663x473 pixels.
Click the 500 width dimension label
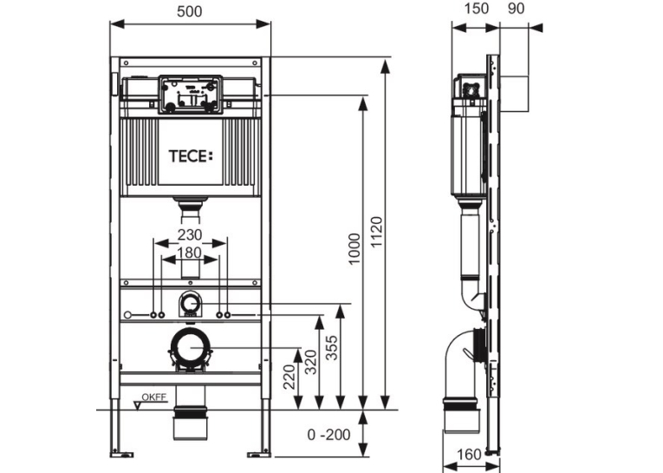click(x=190, y=11)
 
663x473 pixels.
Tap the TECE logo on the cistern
click(x=191, y=156)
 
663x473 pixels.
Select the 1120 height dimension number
click(x=376, y=232)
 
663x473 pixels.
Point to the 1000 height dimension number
click(x=354, y=249)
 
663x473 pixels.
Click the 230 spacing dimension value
click(x=190, y=234)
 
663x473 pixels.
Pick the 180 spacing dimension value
click(x=189, y=253)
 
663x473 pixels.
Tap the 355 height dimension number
click(x=332, y=348)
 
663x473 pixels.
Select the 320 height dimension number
click(x=311, y=362)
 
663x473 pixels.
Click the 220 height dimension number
click(x=289, y=377)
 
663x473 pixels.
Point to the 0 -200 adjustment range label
click(x=329, y=435)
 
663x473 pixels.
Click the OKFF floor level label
click(x=154, y=397)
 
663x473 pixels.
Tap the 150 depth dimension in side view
click(x=476, y=8)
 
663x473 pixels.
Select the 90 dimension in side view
click(x=516, y=8)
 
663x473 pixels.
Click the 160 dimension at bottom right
click(x=470, y=455)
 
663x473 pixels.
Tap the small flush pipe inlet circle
click(x=191, y=304)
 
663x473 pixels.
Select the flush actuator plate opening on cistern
click(x=191, y=95)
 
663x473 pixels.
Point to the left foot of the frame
click(x=122, y=455)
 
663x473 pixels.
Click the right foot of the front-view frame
click(x=259, y=455)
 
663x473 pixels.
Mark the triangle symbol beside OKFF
click(x=138, y=405)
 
